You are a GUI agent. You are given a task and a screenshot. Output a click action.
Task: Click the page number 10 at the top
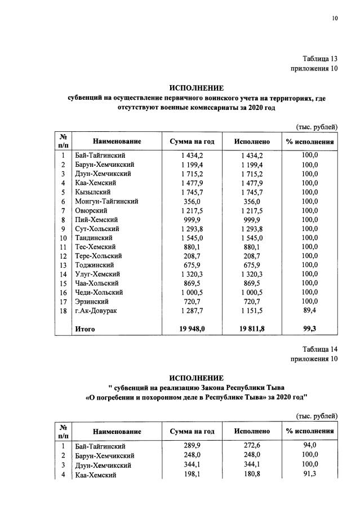point(335,19)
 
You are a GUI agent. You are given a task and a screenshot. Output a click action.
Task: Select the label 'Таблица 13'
point(319,59)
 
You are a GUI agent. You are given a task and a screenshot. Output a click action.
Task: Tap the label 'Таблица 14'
point(319,349)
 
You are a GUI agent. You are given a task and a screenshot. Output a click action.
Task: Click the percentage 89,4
point(309,311)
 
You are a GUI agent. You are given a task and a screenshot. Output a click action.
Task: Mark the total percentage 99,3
point(309,329)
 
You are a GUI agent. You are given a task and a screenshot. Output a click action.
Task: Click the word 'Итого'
point(85,329)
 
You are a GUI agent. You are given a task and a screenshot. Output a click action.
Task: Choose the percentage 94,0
point(309,445)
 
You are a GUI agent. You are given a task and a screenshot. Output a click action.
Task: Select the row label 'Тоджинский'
point(94,265)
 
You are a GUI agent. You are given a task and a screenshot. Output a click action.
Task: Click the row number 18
point(64,311)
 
